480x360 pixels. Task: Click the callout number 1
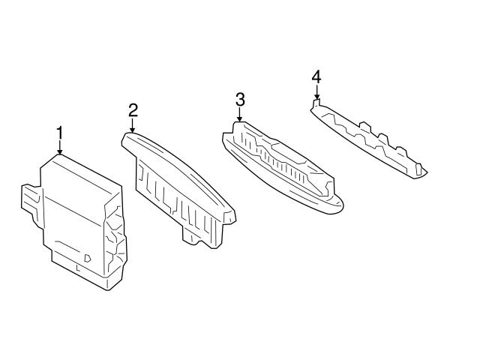pyautogui.click(x=60, y=133)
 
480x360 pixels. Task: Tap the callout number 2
pyautogui.click(x=133, y=111)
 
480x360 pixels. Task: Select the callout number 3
pyautogui.click(x=240, y=100)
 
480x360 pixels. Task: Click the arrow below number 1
pyautogui.click(x=60, y=148)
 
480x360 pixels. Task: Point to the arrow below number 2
pyautogui.click(x=133, y=125)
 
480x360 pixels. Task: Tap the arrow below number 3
pyautogui.click(x=239, y=115)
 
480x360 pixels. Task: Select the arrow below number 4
pyautogui.click(x=316, y=91)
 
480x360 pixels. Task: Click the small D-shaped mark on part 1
pyautogui.click(x=87, y=258)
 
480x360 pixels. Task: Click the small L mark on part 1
pyautogui.click(x=78, y=268)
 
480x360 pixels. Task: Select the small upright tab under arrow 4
pyautogui.click(x=316, y=102)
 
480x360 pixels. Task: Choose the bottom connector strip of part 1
pyautogui.click(x=80, y=270)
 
